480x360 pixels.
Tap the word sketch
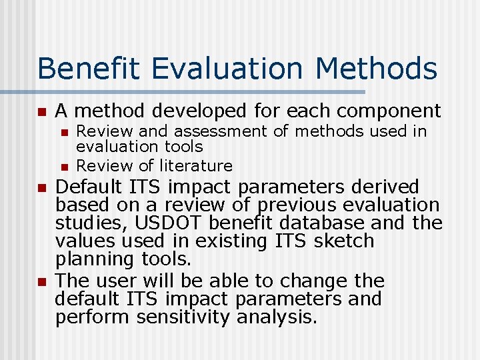[343, 241]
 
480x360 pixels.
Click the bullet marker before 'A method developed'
[41, 111]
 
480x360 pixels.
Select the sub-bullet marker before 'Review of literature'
[65, 166]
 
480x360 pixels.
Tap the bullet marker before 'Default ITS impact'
[41, 187]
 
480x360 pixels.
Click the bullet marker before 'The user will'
[41, 281]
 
